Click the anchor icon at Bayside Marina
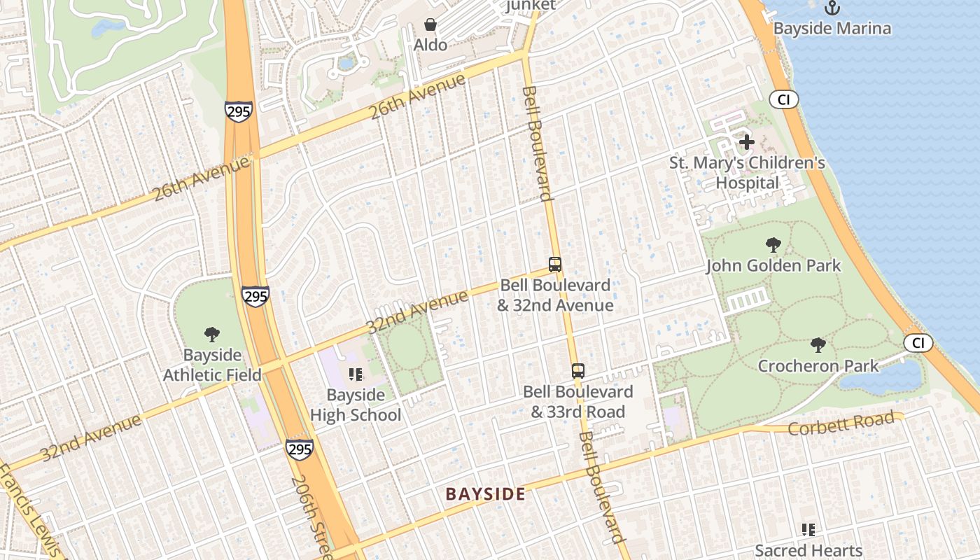[832, 8]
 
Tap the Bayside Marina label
[832, 29]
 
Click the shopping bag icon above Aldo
[430, 25]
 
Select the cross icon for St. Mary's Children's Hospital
[747, 142]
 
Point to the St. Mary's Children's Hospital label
[747, 173]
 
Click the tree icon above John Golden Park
[773, 245]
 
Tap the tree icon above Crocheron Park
[818, 345]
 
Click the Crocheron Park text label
[818, 366]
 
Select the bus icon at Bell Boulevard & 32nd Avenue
[555, 265]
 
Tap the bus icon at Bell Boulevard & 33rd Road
[577, 371]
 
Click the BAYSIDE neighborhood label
[485, 494]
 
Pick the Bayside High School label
[356, 405]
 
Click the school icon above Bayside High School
[355, 374]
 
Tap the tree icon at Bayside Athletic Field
[211, 335]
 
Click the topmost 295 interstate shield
[239, 111]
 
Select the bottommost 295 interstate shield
[299, 449]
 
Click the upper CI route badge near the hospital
[783, 100]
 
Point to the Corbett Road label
[841, 423]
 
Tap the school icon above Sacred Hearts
[808, 530]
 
